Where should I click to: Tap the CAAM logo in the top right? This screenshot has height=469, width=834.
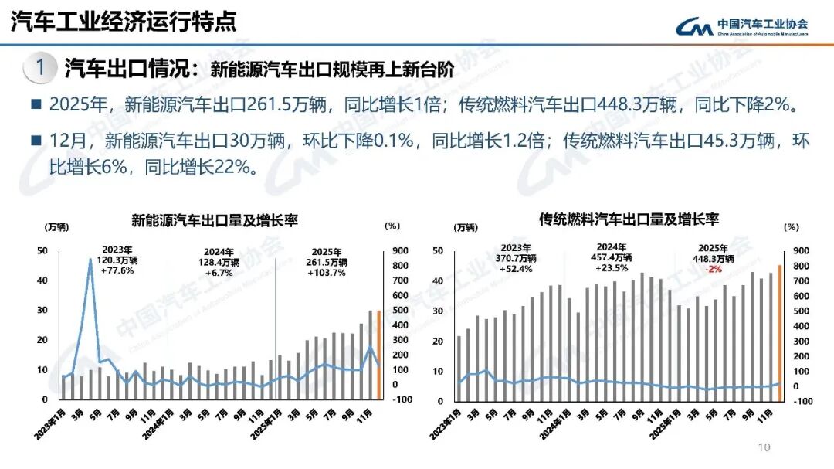point(742,25)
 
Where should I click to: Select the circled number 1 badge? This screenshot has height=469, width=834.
point(40,68)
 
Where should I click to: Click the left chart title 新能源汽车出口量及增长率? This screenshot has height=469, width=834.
point(215,221)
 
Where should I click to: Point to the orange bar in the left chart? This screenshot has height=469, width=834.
point(378,355)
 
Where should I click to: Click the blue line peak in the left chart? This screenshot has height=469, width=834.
point(90,260)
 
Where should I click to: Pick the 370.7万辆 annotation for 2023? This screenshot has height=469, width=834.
point(517,259)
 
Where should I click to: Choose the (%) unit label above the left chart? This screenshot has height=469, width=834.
point(392,227)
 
